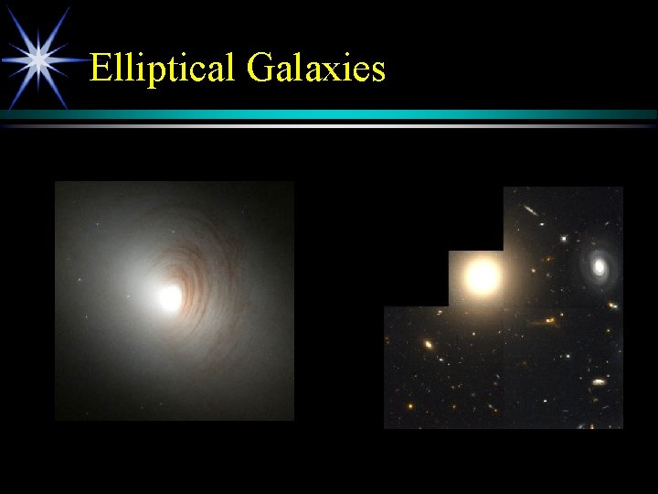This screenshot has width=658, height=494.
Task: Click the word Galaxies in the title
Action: point(315,68)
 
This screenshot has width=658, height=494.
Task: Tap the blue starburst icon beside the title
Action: point(37,59)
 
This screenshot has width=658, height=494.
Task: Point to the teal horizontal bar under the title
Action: point(366,114)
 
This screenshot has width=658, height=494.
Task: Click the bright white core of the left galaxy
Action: point(170,296)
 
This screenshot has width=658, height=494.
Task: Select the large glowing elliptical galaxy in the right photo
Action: point(482,276)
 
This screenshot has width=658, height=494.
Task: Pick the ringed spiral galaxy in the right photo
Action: point(600,266)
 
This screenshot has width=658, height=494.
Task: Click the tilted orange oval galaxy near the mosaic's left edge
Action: point(428,345)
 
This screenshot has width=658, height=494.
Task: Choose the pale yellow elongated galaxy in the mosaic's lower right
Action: point(599,381)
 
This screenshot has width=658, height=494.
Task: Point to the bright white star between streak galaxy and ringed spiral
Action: point(564,240)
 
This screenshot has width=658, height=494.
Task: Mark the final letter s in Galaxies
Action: point(377,71)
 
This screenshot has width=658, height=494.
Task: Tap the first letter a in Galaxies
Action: point(285,71)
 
